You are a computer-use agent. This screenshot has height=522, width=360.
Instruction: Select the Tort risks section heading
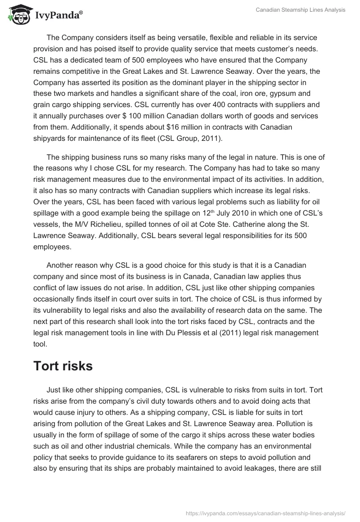[63, 353]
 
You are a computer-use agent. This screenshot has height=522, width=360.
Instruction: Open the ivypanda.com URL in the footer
[265, 513]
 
